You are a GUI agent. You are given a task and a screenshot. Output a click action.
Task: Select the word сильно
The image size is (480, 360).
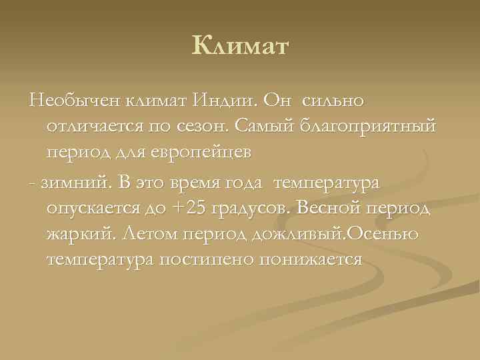pyautogui.click(x=333, y=100)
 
